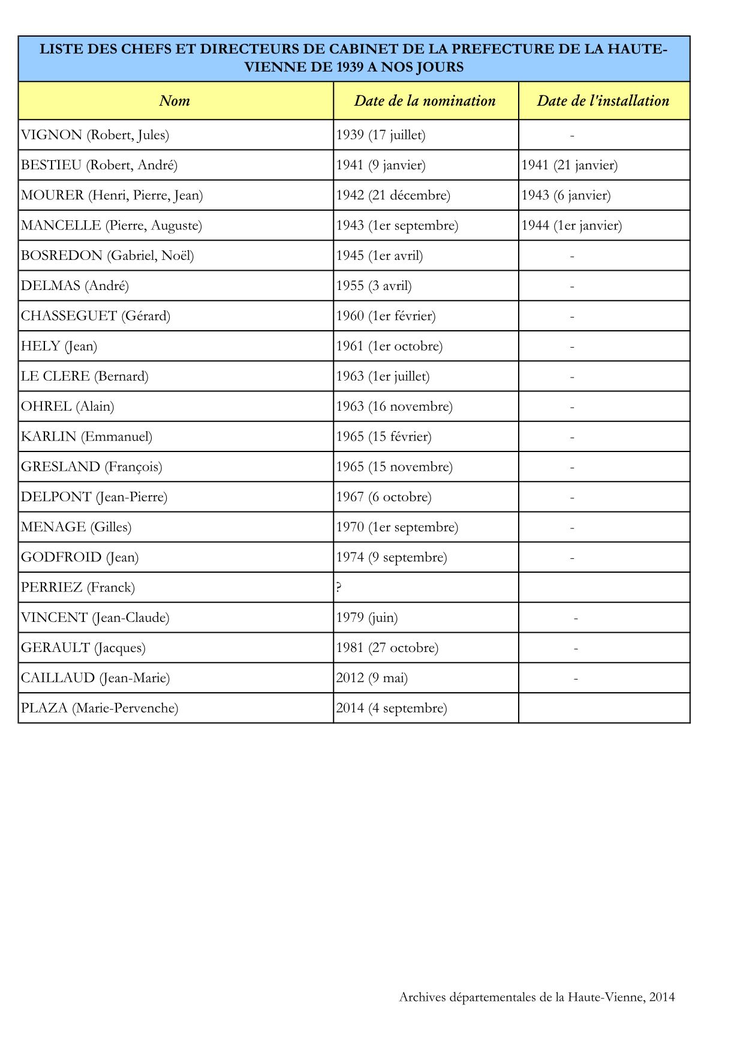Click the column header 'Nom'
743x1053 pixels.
click(x=175, y=101)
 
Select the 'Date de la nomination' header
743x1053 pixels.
click(x=425, y=101)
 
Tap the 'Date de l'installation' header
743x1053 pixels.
click(x=603, y=101)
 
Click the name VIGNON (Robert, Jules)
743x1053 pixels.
click(x=95, y=135)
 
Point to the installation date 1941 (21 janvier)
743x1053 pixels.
click(x=569, y=165)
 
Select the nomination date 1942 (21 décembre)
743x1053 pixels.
click(x=393, y=195)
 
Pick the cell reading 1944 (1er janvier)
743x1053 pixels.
click(x=571, y=226)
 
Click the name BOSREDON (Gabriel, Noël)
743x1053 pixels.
click(x=107, y=256)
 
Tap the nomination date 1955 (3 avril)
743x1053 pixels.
click(x=374, y=286)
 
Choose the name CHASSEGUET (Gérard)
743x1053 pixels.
click(x=95, y=316)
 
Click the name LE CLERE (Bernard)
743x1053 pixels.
click(x=85, y=376)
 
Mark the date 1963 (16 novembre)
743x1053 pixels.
click(x=394, y=406)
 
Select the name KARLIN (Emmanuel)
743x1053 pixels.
click(x=86, y=436)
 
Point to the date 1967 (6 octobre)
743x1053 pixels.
click(x=383, y=497)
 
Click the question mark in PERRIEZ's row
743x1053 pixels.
click(x=339, y=588)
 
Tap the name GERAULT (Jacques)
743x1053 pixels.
click(x=83, y=648)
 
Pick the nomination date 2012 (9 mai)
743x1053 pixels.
click(x=371, y=678)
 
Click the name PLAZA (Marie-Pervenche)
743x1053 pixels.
click(x=100, y=708)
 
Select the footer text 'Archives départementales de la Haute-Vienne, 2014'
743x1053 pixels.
click(x=537, y=997)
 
